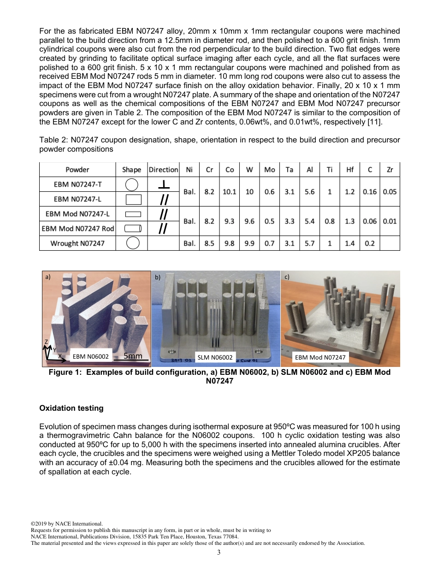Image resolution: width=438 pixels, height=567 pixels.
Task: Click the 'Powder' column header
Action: pyautogui.click(x=77, y=170)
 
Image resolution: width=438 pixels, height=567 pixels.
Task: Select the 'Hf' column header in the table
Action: pyautogui.click(x=349, y=170)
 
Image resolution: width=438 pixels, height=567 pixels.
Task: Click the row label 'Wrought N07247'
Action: pyautogui.click(x=77, y=243)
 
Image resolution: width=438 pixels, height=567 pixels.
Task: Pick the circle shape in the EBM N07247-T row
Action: pyautogui.click(x=132, y=185)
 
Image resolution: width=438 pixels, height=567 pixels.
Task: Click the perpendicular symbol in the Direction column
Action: pyautogui.click(x=163, y=185)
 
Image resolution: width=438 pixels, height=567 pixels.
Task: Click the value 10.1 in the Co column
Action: pyautogui.click(x=229, y=192)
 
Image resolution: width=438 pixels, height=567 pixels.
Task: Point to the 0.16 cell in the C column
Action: pyautogui.click(x=369, y=192)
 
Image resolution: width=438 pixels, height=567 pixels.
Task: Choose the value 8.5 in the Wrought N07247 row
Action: pyautogui.click(x=209, y=243)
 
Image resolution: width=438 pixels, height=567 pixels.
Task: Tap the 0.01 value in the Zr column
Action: pyautogui.click(x=390, y=221)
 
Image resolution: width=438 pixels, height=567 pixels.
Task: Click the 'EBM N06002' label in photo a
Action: pyautogui.click(x=90, y=357)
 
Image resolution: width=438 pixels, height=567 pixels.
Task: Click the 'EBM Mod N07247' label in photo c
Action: pyautogui.click(x=320, y=357)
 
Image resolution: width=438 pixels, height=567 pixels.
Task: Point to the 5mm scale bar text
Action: pyautogui.click(x=133, y=356)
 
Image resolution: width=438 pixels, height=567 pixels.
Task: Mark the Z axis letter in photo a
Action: pyautogui.click(x=46, y=342)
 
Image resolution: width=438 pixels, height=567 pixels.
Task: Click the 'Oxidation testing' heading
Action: pyautogui.click(x=71, y=408)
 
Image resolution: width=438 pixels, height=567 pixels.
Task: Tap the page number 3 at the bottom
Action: pyautogui.click(x=219, y=553)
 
